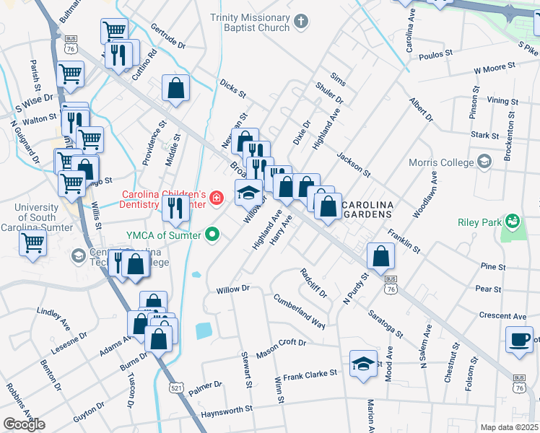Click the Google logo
(24, 424)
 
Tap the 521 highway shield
(177, 388)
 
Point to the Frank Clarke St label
(310, 375)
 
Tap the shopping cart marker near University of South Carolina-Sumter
(32, 243)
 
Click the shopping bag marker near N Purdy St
(380, 255)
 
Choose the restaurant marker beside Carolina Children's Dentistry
(175, 208)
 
